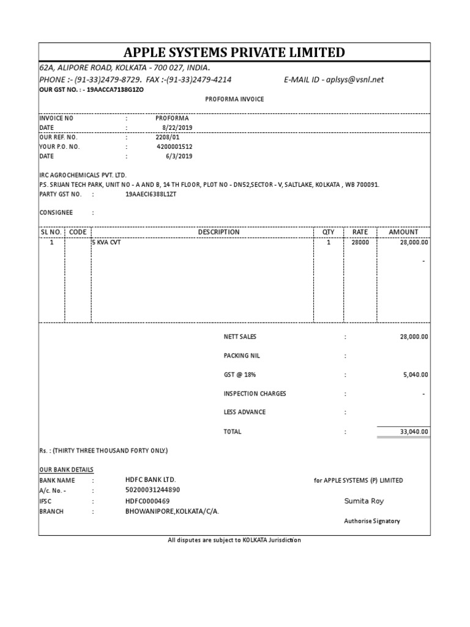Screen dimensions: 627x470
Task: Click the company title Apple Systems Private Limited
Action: [234, 53]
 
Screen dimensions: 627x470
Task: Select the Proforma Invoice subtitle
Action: [234, 99]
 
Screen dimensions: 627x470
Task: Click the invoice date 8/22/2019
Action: [177, 127]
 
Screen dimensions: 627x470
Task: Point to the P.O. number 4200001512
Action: [174, 147]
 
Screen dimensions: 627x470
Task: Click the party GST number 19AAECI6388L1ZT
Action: [151, 194]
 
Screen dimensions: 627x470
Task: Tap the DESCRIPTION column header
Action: [218, 232]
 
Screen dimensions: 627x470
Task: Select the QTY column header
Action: [328, 232]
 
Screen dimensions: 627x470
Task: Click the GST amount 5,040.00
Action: [414, 375]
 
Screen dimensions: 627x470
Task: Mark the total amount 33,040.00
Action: [414, 432]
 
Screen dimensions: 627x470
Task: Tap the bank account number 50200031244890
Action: [152, 490]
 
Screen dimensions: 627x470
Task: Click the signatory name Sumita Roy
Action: [365, 501]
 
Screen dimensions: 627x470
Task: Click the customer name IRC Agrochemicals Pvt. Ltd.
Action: [83, 175]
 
